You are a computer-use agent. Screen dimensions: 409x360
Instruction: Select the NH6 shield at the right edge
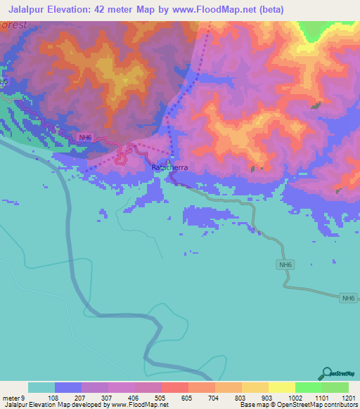point(348,299)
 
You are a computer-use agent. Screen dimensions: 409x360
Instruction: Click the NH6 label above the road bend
point(284,265)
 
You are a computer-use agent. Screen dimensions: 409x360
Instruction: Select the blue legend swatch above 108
point(68,387)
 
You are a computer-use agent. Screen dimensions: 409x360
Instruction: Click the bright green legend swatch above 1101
point(308,387)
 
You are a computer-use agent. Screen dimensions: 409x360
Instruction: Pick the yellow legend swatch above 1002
point(281,387)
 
